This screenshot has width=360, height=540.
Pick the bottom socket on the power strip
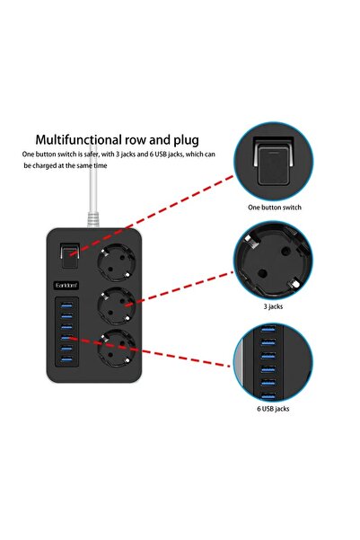(119, 350)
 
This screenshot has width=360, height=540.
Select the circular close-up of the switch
(274, 163)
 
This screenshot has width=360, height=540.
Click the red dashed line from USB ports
(153, 352)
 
